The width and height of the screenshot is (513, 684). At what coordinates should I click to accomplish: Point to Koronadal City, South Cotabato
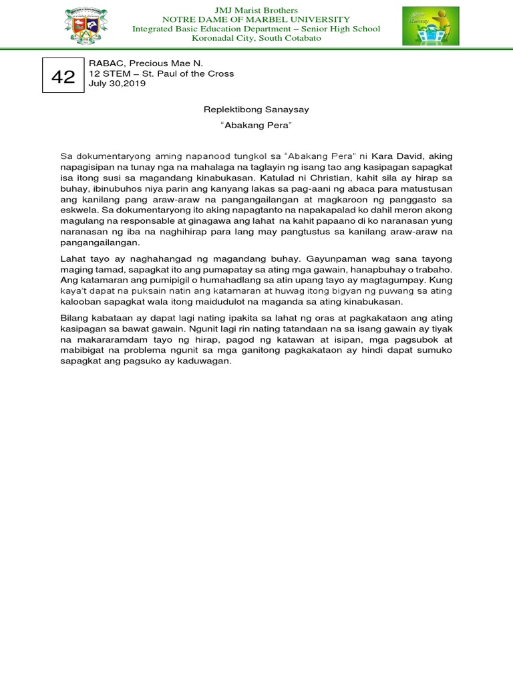(x=256, y=39)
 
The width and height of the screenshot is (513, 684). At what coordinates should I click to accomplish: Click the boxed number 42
(x=63, y=77)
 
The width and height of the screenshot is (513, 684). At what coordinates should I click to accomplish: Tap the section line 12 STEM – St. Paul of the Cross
(x=161, y=73)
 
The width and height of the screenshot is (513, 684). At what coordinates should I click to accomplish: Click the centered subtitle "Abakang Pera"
(x=256, y=126)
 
